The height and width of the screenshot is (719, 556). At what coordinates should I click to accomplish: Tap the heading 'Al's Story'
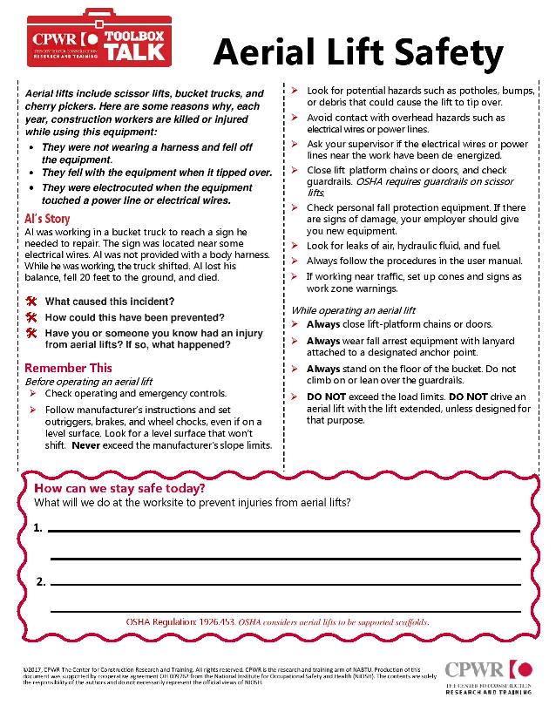48,219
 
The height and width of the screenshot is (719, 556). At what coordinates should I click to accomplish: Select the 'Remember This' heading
69,368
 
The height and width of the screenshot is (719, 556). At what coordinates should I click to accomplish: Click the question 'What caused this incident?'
110,302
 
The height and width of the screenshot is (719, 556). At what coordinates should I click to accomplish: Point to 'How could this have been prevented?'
134,317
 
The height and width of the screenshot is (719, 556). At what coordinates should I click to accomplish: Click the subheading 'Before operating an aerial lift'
89,382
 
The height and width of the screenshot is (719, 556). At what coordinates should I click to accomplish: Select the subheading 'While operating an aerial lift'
353,310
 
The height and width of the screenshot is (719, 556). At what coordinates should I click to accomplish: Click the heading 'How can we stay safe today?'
119,488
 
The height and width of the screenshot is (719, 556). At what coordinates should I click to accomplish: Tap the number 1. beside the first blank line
38,528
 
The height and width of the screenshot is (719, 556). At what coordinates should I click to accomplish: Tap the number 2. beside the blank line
40,581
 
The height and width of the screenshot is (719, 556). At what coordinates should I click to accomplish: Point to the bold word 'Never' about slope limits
86,444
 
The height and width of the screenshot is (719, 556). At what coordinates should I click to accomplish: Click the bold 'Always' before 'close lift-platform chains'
323,323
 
